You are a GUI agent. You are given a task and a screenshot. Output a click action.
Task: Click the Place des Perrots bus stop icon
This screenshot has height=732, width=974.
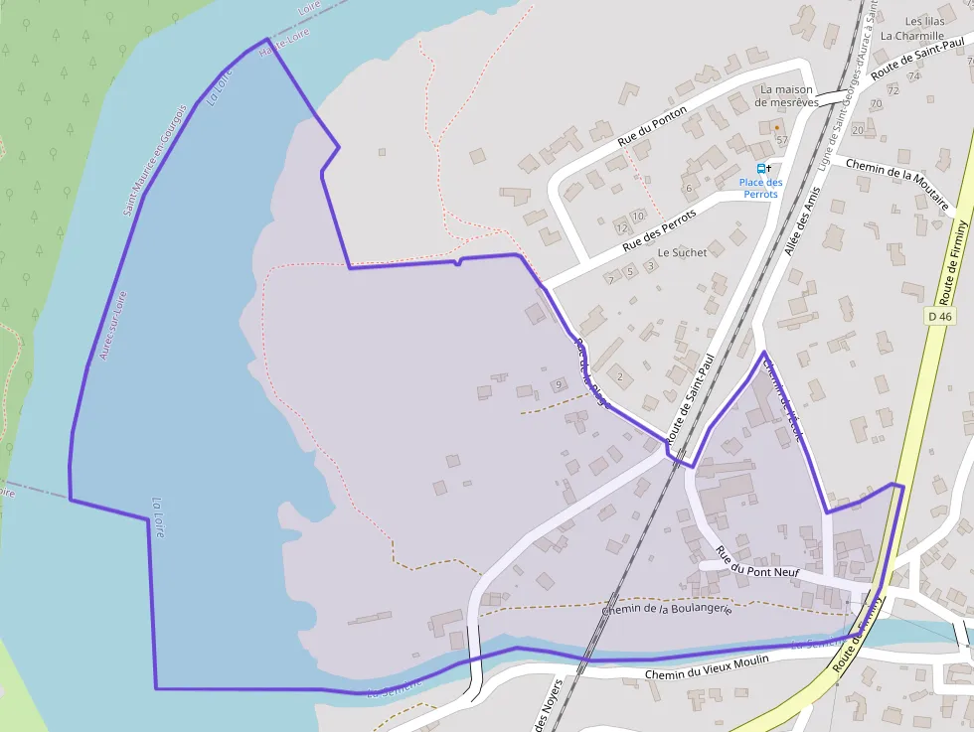762,169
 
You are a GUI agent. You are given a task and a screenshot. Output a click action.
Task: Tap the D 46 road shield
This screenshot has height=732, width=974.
939,316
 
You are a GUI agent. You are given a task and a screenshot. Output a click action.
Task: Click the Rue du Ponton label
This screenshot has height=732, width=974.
653,126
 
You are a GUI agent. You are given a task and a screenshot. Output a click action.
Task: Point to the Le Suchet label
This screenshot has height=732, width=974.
682,252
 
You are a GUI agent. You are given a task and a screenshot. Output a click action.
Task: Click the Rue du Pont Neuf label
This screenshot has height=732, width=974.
757,563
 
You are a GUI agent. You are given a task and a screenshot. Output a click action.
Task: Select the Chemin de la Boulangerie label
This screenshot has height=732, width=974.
666,609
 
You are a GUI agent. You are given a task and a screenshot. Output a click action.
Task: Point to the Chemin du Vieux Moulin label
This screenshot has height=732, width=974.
707,674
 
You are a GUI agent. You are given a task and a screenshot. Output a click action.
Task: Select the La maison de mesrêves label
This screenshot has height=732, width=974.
786,95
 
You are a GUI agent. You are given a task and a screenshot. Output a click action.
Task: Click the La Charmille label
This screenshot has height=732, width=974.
911,36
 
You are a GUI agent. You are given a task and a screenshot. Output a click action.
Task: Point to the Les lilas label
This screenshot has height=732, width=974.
924,21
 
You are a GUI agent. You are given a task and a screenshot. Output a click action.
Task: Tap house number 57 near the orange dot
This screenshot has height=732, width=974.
782,139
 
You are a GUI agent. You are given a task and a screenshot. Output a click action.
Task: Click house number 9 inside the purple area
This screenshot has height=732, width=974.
559,384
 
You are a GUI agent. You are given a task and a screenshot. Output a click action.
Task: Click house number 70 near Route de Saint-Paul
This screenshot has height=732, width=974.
876,103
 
